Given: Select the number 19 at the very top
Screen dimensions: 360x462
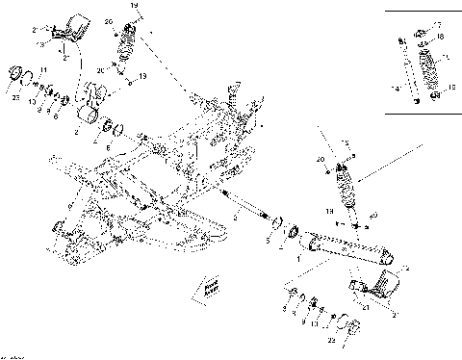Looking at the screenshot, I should click(x=135, y=7).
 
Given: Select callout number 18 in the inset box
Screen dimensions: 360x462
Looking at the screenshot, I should click(x=440, y=37).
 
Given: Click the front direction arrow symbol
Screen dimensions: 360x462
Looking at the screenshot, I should click(x=209, y=286).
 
